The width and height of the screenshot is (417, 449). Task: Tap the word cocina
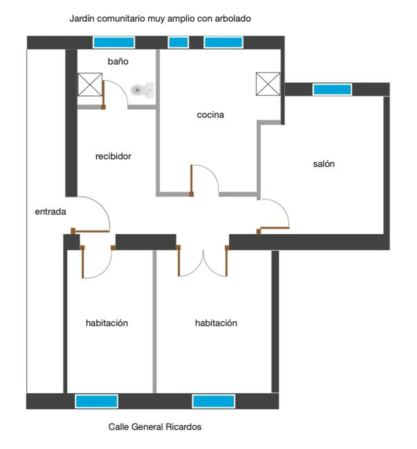click(x=210, y=115)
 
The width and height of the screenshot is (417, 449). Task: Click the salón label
click(x=323, y=164)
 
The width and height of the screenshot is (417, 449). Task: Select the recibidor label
click(x=113, y=156)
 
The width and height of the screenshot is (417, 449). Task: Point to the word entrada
click(x=50, y=212)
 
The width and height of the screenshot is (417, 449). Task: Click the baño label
click(x=118, y=61)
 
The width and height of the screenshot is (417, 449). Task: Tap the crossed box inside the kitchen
click(x=268, y=84)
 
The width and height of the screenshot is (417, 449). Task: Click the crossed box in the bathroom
click(x=90, y=84)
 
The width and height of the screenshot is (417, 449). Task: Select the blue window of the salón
click(x=332, y=89)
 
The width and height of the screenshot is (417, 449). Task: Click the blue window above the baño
click(x=114, y=42)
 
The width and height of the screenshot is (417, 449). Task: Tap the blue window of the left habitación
click(x=97, y=401)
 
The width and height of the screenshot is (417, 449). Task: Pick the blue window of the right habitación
click(x=214, y=401)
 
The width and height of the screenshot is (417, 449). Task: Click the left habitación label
click(x=107, y=323)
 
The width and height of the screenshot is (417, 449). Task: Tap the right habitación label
click(x=216, y=323)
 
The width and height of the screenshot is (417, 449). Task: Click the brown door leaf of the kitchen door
click(x=191, y=181)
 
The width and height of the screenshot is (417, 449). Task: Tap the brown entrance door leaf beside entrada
click(x=90, y=231)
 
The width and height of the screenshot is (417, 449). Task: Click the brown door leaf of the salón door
click(x=273, y=229)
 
